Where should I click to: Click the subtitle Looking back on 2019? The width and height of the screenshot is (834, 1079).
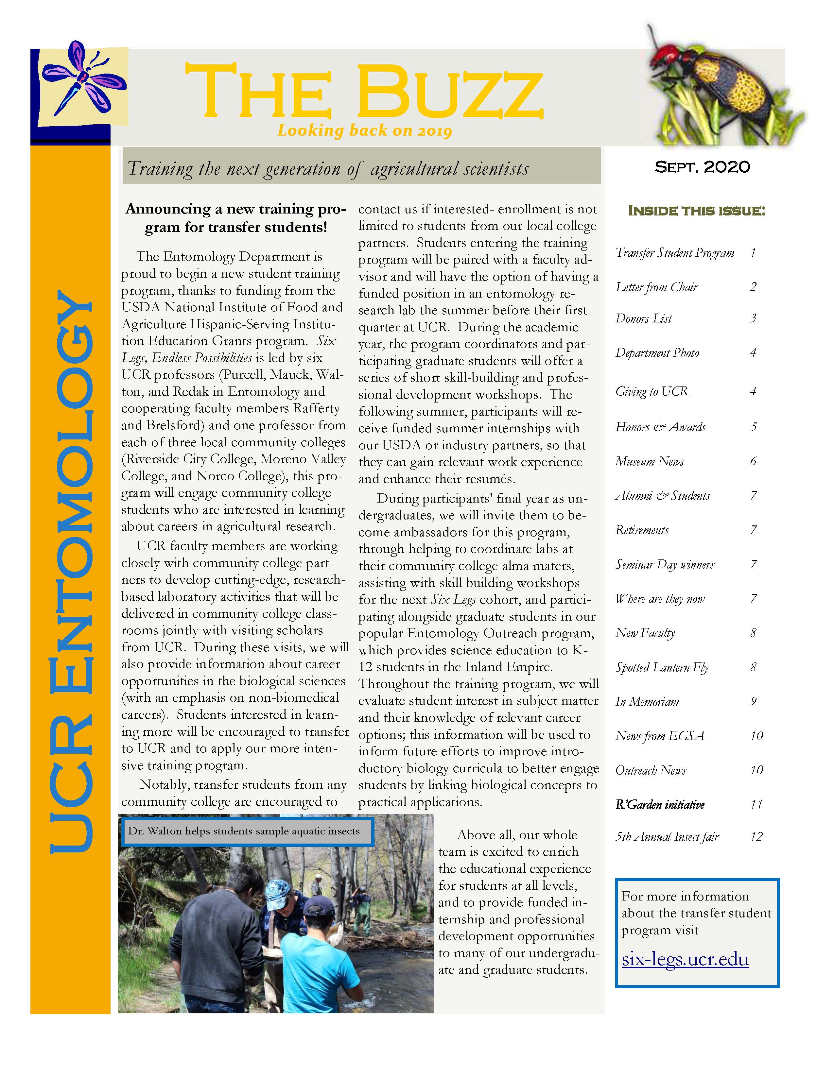[365, 130]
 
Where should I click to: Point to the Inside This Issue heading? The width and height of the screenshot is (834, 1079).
[697, 211]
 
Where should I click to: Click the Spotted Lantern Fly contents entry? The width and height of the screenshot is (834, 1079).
[662, 667]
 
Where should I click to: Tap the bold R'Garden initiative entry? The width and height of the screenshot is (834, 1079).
[660, 805]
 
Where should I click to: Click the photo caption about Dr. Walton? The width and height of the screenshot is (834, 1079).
[244, 831]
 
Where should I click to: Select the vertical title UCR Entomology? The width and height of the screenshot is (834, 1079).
[71, 573]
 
